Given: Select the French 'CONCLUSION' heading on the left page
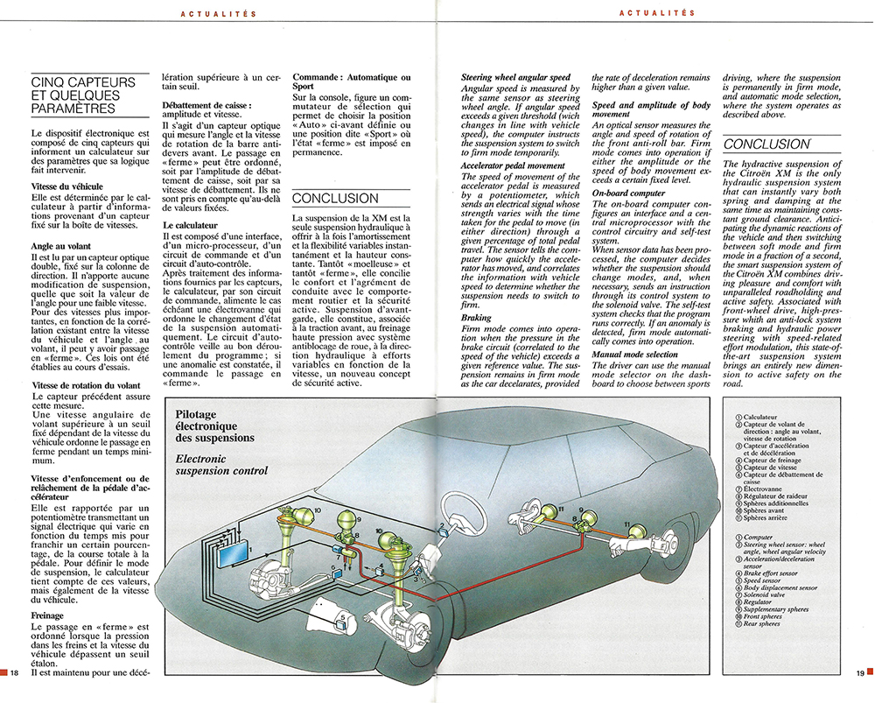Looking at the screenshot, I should pyautogui.click(x=332, y=199).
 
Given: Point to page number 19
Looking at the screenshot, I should pyautogui.click(x=859, y=671).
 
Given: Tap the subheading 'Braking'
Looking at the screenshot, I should pyautogui.click(x=476, y=319).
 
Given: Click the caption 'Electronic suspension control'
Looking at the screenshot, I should pyautogui.click(x=221, y=465).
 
